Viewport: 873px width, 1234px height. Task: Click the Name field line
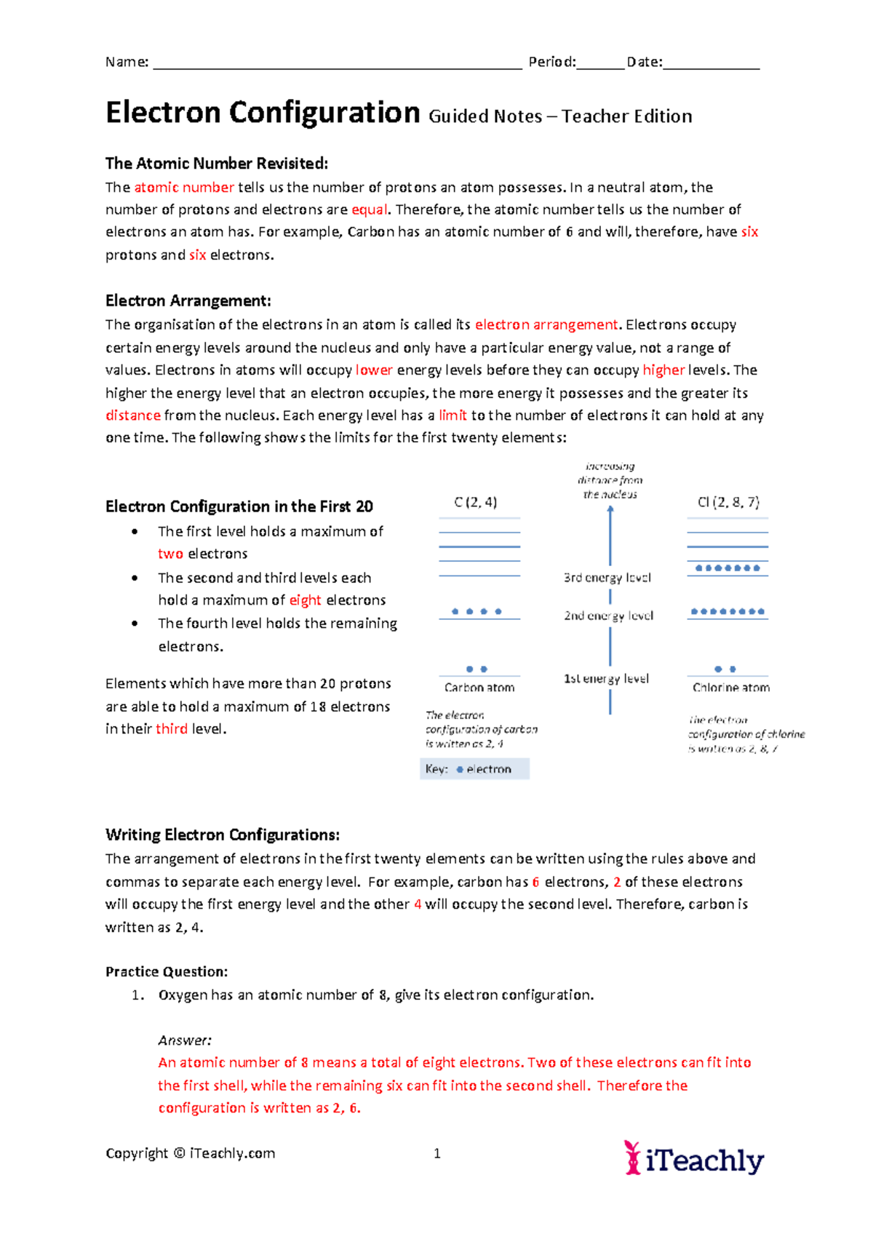(337, 64)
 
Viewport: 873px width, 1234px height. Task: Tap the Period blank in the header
(600, 64)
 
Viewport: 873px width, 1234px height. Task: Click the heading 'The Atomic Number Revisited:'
(217, 163)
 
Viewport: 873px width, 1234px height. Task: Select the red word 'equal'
(370, 210)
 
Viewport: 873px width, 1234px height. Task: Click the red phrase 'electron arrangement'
(546, 325)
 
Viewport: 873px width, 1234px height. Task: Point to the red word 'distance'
(132, 415)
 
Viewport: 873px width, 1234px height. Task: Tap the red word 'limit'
(453, 415)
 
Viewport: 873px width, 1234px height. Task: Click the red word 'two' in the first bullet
(170, 554)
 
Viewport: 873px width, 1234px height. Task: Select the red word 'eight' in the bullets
(305, 600)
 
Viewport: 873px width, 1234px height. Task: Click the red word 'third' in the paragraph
(172, 729)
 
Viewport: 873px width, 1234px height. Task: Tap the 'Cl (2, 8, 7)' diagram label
(728, 502)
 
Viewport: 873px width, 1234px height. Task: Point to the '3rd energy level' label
(607, 578)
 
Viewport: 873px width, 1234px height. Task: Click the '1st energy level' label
(606, 679)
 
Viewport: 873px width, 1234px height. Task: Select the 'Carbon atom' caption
(479, 688)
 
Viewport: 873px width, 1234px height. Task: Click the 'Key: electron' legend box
(474, 769)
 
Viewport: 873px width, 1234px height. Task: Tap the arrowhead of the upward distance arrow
(610, 510)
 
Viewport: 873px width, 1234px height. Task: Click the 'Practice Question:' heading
(167, 972)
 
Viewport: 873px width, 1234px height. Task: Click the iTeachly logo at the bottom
(694, 1158)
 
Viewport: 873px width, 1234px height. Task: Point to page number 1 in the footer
(437, 1153)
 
